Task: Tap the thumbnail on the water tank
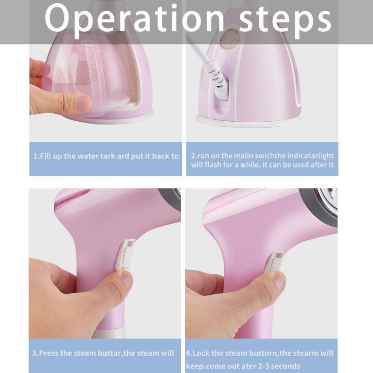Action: point(84,103)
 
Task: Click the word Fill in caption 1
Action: point(45,156)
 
